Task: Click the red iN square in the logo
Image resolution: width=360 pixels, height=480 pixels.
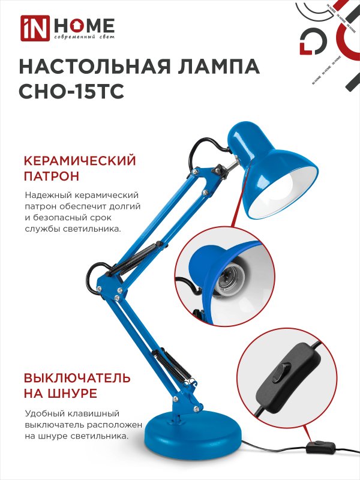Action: [x=35, y=28]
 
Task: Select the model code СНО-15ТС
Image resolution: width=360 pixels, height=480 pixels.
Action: [x=71, y=91]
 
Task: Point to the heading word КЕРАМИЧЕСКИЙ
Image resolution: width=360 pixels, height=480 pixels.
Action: [x=80, y=161]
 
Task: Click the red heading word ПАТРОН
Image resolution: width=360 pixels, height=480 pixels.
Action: [x=52, y=176]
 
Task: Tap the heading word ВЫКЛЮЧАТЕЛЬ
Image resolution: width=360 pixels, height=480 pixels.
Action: [x=77, y=378]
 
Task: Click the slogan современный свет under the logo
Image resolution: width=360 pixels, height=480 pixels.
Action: [x=84, y=37]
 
